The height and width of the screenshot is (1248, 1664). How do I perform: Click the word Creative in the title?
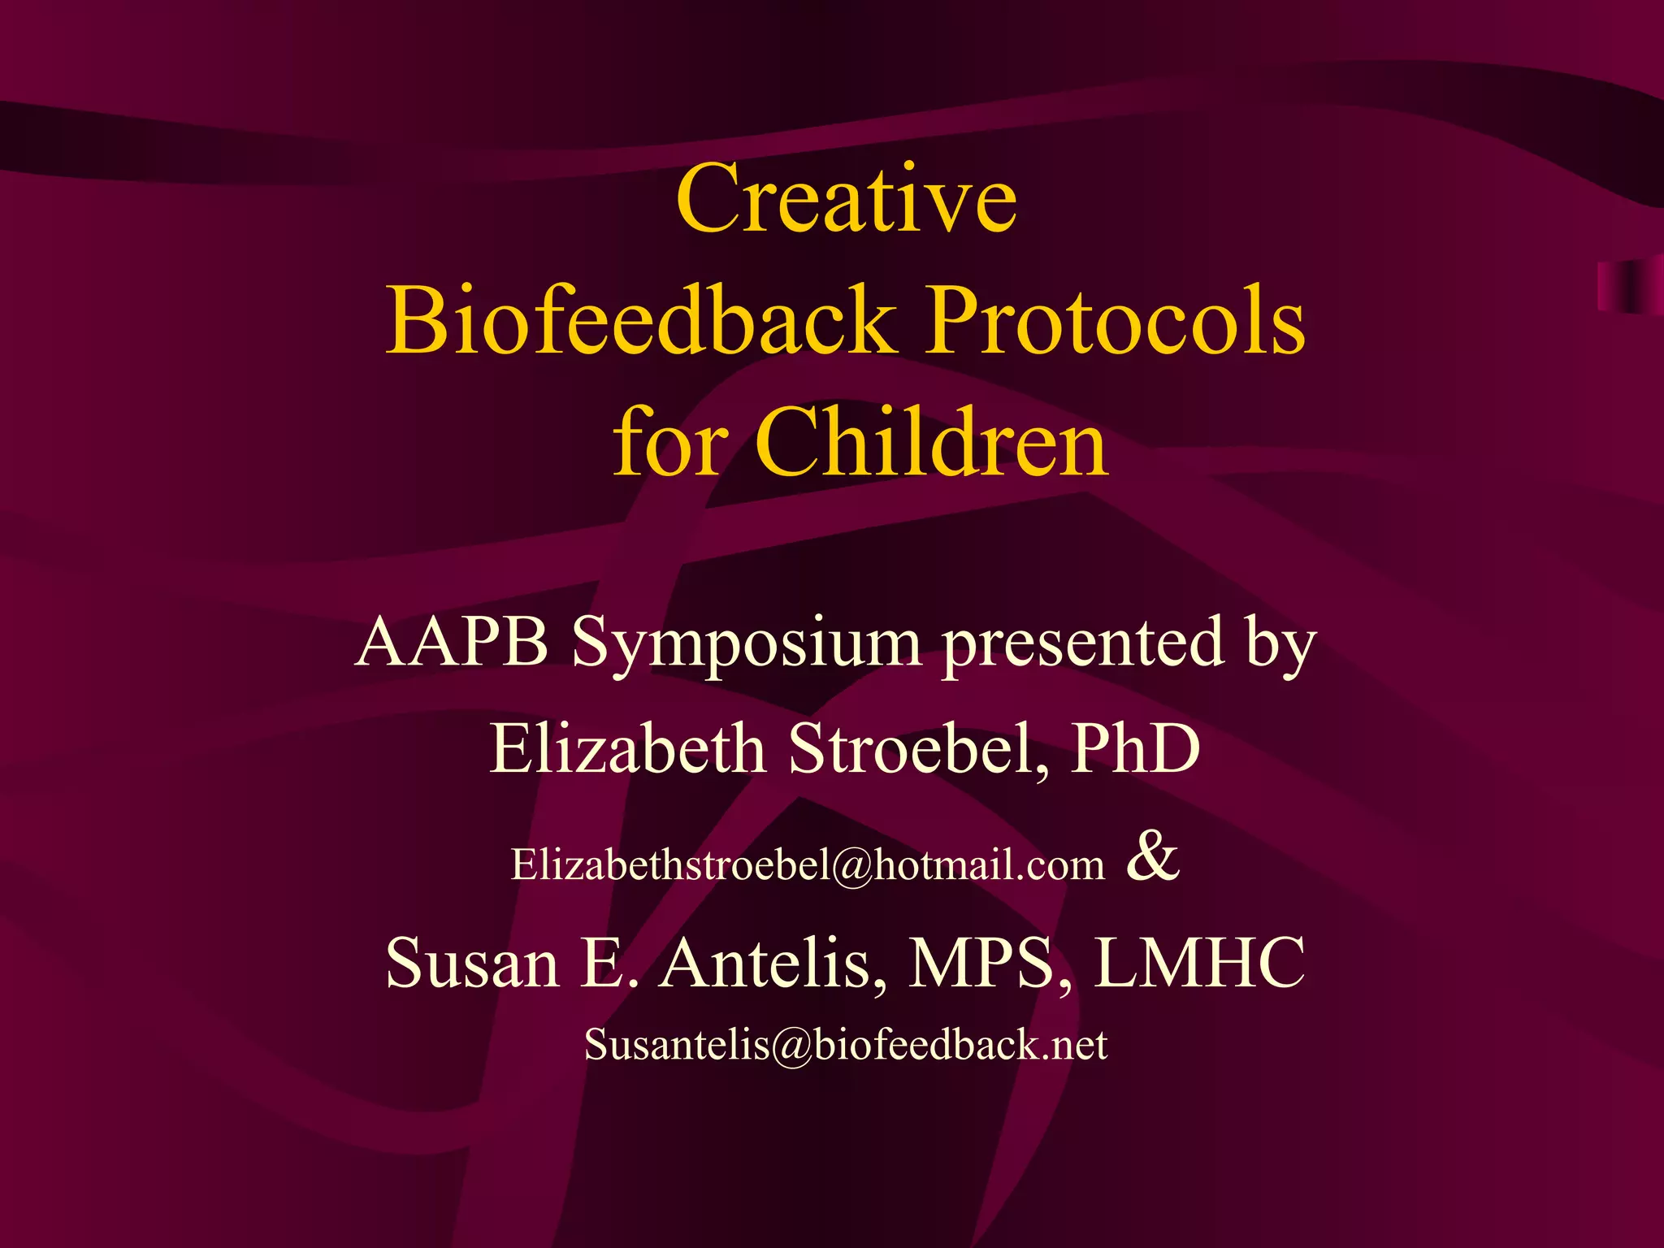(x=846, y=198)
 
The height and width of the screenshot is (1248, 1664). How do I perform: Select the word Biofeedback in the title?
(x=641, y=320)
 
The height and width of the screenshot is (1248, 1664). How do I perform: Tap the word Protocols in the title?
(x=1116, y=320)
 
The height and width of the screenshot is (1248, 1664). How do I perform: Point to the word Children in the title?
(x=931, y=444)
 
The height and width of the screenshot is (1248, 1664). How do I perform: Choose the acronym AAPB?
(x=452, y=642)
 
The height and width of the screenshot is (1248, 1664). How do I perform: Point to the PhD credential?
(x=1135, y=748)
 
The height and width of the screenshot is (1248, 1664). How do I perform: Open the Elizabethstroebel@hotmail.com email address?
(x=808, y=864)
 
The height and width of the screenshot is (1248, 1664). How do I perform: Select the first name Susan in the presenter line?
(x=472, y=963)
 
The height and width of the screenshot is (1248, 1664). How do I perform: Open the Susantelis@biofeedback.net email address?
(x=846, y=1045)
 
